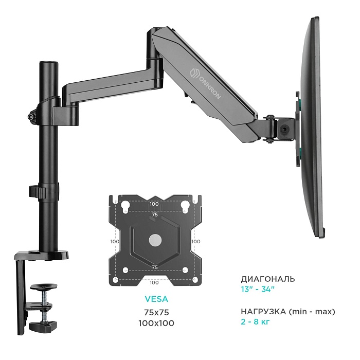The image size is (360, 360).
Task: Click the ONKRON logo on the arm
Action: (x=205, y=83)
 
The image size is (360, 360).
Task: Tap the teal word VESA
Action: (x=156, y=299)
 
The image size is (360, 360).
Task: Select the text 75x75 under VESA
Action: (x=156, y=312)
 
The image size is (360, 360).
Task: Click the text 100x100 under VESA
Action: (x=156, y=323)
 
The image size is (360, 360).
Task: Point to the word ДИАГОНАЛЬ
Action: (x=268, y=279)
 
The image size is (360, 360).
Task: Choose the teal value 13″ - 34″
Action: (x=258, y=289)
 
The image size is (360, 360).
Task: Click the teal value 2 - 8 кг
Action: (x=255, y=322)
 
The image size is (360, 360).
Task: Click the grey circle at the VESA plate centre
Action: (x=155, y=240)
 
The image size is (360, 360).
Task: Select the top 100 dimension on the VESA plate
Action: (x=154, y=204)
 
